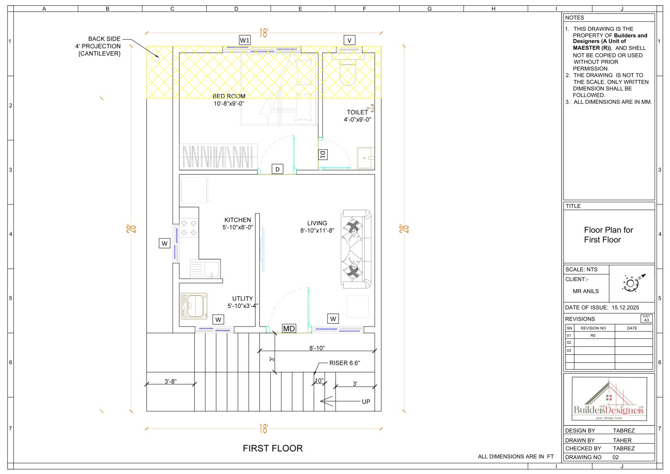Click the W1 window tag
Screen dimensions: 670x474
point(245,40)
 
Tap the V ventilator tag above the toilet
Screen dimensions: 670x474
point(349,40)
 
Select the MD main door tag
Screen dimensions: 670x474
point(289,328)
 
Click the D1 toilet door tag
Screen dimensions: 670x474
point(323,154)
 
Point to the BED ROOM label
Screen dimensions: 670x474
point(229,96)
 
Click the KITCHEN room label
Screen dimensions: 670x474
point(238,220)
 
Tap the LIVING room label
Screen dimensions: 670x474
point(317,223)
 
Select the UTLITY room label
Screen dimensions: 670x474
point(243,298)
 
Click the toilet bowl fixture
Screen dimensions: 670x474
point(348,72)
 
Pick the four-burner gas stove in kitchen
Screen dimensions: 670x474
point(189,228)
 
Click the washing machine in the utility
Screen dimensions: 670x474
point(194,306)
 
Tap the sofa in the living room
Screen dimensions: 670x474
point(356,249)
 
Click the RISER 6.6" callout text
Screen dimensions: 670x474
point(345,363)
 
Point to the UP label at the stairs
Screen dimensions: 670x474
point(366,402)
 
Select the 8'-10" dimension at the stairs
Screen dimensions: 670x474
point(317,348)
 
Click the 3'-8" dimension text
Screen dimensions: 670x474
point(170,381)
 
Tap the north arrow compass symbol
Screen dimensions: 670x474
point(633,282)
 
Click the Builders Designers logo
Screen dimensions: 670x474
point(609,399)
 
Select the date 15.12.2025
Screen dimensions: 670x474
point(625,307)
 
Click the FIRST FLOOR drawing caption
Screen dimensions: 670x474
point(272,448)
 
